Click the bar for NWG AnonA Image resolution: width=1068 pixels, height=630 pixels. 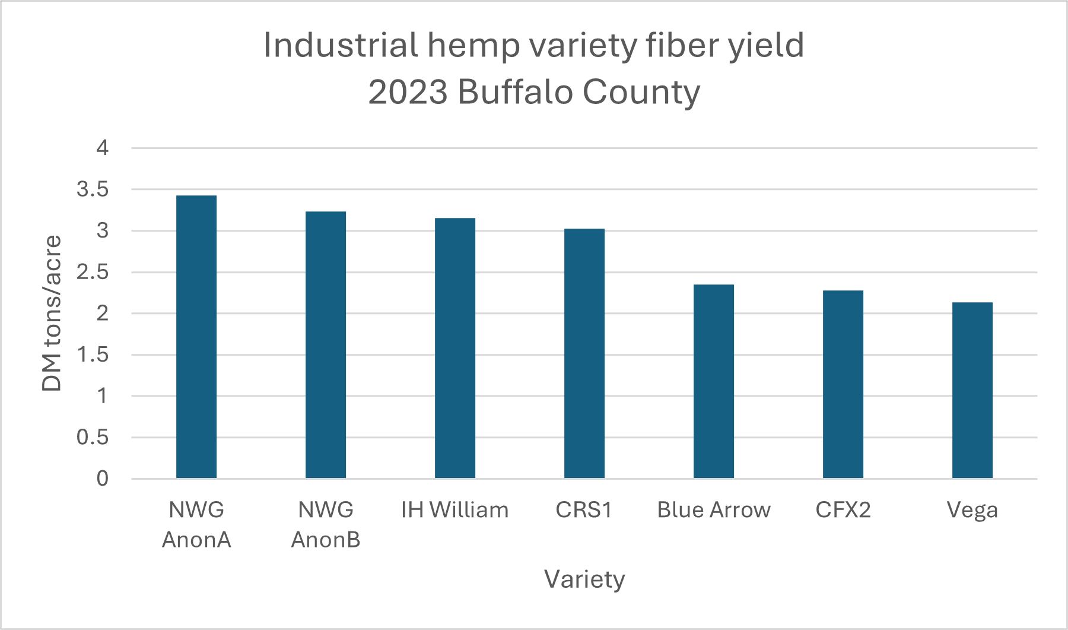click(196, 337)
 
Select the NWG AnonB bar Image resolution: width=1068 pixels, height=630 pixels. click(326, 345)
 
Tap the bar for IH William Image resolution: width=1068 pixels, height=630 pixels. click(455, 348)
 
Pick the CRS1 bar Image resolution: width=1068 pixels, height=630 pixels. click(584, 353)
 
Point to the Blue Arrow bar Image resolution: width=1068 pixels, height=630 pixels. click(714, 381)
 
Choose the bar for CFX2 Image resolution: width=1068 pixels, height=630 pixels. click(843, 384)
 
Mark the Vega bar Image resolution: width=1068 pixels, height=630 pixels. click(972, 390)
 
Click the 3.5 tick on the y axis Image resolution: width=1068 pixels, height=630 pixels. click(93, 189)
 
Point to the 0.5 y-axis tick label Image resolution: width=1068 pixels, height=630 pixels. click(93, 438)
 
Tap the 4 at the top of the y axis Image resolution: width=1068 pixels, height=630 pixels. click(103, 148)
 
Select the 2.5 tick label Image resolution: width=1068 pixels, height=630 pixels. click(93, 272)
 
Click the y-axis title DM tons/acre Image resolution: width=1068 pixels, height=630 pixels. click(52, 313)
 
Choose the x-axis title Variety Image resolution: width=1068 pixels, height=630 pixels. click(584, 580)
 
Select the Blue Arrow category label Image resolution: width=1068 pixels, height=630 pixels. click(714, 510)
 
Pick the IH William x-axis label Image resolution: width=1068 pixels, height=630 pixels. click(455, 510)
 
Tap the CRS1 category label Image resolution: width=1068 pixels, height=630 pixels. click(584, 510)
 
